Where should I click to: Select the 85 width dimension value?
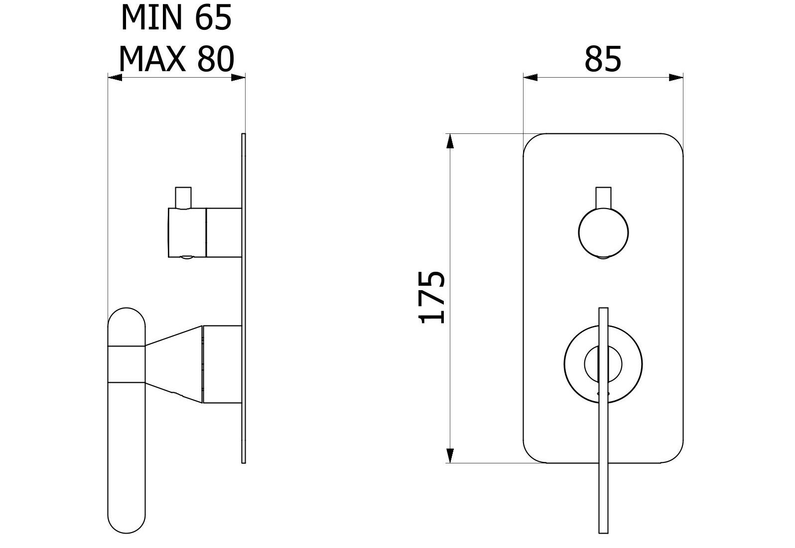click(x=603, y=59)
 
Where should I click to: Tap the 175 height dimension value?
click(x=431, y=297)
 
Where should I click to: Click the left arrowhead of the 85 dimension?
click(x=530, y=77)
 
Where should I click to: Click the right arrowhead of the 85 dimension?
click(x=676, y=77)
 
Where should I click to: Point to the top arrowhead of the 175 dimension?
click(x=450, y=141)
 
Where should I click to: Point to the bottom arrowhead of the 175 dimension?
click(x=450, y=456)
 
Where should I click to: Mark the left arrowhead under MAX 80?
click(x=115, y=77)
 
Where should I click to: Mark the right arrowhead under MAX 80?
click(x=238, y=77)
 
